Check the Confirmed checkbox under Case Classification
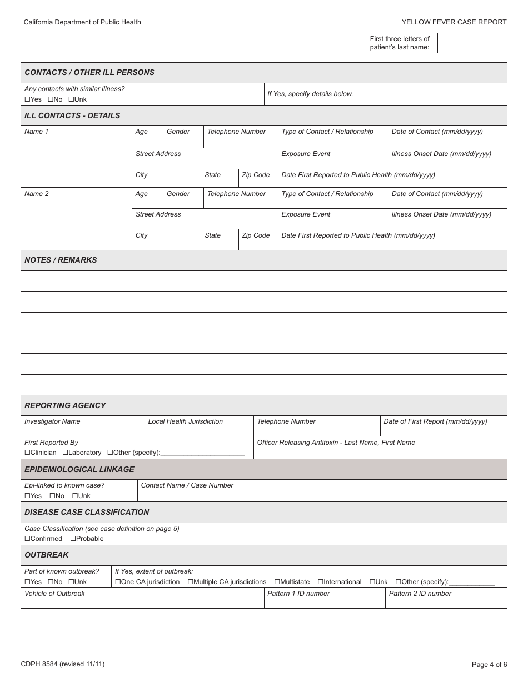pos(27,539)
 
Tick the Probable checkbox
pos(73,539)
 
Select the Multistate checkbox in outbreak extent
pos(277,582)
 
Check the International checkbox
pos(320,582)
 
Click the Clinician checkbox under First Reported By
pos(27,453)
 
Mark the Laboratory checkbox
pos(65,453)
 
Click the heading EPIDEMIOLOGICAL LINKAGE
pos(79,469)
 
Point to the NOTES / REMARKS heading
pos(61,260)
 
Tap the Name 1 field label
pos(37,132)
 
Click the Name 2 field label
pos(37,194)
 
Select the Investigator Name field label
pos(52,421)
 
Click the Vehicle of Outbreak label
pos(54,594)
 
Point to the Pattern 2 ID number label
pos(420,594)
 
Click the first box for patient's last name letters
pos(449,43)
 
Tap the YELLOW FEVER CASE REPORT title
pos(454,22)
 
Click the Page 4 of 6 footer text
pos(489,664)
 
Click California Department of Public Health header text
pos(82,22)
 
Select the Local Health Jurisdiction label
pos(185,421)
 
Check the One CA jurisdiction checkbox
pos(118,582)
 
